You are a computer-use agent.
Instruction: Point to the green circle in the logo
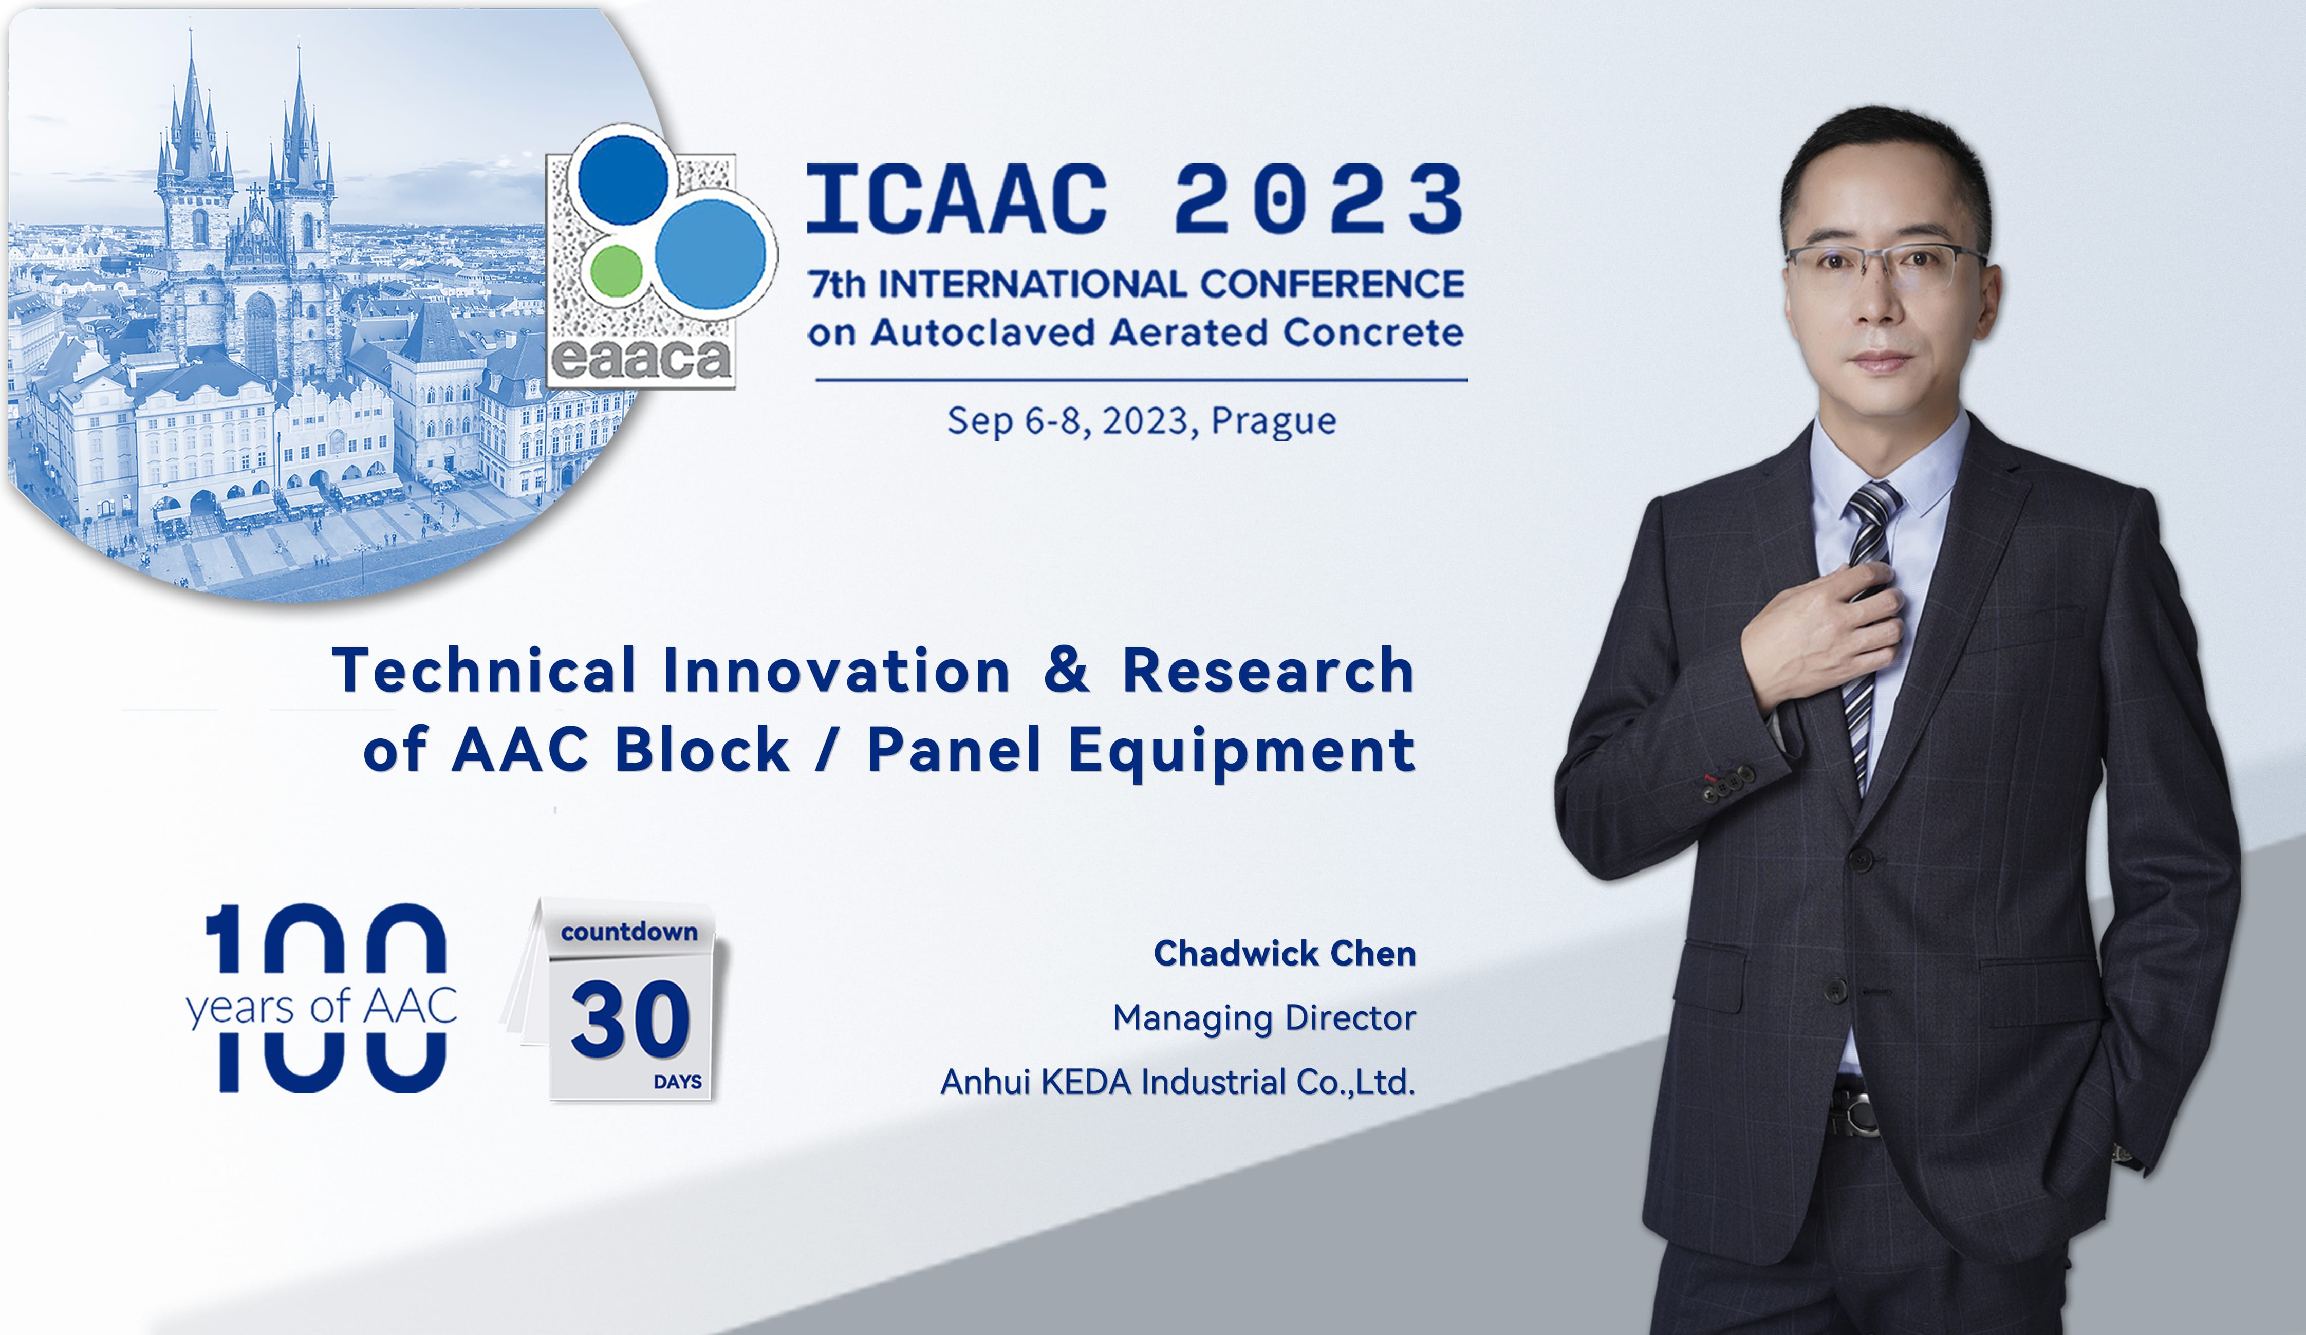[616, 270]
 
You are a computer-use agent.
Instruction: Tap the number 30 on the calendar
[630, 1018]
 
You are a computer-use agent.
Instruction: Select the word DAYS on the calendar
[677, 1082]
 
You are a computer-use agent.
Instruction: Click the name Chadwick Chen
[1285, 953]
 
